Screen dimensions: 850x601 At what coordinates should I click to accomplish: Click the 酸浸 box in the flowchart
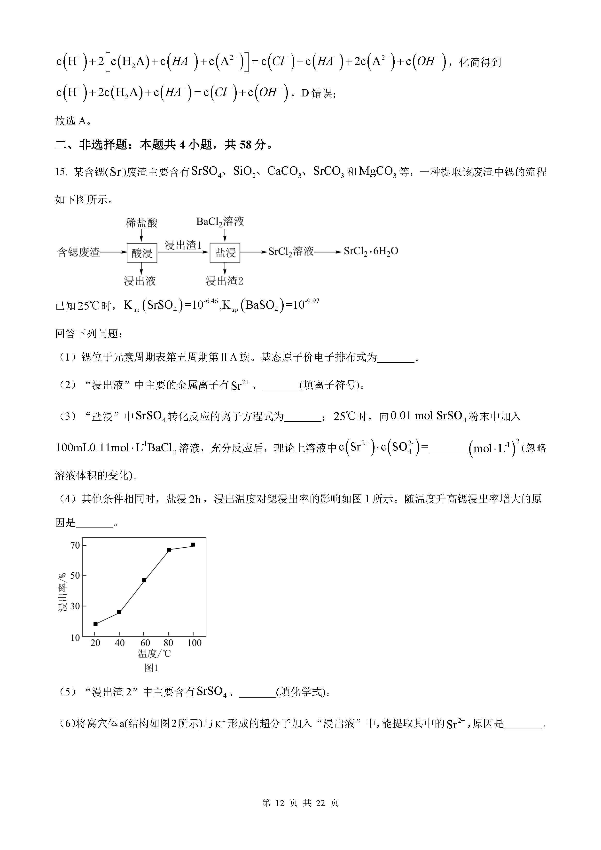click(x=142, y=253)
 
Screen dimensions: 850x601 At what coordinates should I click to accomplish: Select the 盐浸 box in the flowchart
click(x=225, y=253)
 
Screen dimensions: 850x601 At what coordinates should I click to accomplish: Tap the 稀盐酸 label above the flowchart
click(x=141, y=223)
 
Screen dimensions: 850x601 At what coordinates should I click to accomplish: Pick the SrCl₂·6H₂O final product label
click(x=371, y=251)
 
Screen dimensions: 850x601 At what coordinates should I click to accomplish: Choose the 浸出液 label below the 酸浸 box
click(x=140, y=281)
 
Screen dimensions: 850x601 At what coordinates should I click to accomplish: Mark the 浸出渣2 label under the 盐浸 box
click(x=224, y=281)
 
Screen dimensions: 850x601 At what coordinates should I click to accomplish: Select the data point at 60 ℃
click(x=144, y=580)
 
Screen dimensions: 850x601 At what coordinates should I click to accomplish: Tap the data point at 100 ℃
click(x=193, y=545)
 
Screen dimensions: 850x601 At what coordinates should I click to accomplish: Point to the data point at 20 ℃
click(x=95, y=624)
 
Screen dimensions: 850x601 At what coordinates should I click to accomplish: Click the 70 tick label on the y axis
click(x=75, y=545)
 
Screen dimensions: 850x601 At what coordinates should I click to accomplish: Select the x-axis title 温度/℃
click(x=154, y=654)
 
